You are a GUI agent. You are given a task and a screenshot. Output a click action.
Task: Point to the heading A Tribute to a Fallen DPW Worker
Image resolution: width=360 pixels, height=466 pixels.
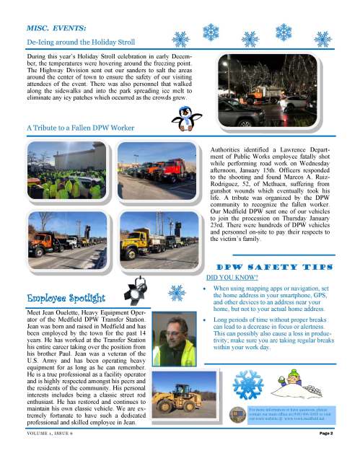pyautogui.click(x=81, y=128)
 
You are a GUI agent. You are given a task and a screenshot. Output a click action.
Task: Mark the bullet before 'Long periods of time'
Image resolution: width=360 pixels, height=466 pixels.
pyautogui.click(x=206, y=318)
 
